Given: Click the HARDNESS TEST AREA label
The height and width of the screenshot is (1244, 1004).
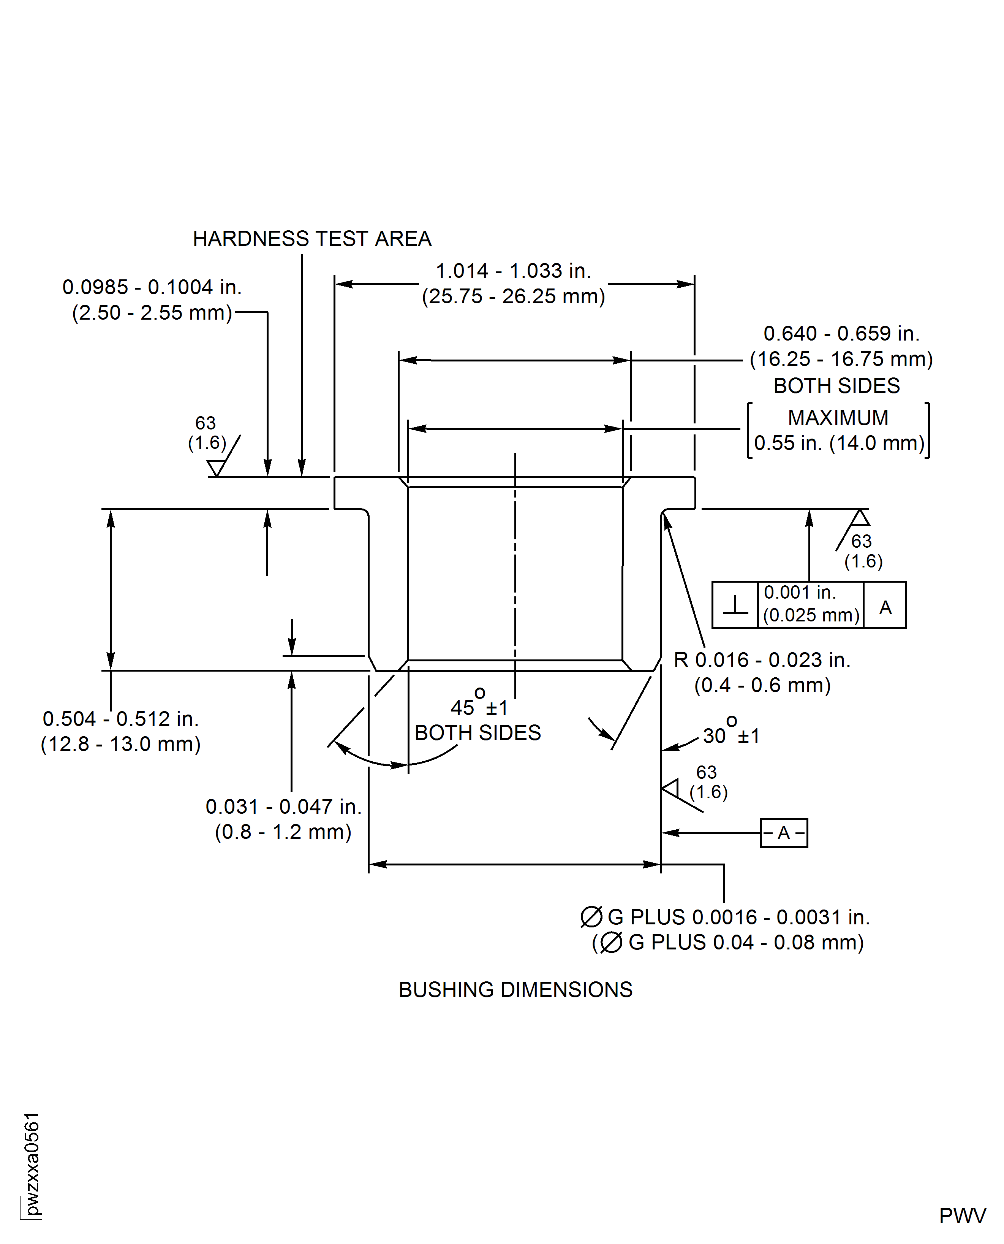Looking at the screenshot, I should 312,238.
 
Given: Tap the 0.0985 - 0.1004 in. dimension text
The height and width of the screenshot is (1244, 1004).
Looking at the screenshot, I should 152,287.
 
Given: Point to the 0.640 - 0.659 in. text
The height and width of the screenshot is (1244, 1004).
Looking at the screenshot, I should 841,333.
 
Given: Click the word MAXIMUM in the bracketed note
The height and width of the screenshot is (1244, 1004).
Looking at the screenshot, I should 838,417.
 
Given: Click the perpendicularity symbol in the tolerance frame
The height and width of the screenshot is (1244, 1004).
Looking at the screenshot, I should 735,605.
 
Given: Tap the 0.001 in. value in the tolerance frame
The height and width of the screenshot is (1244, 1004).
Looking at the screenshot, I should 800,593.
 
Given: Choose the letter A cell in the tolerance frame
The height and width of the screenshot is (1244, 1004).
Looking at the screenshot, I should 885,607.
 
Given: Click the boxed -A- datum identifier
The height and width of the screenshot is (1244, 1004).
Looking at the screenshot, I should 784,833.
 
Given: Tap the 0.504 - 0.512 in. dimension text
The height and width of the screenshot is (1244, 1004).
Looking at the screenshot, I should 121,719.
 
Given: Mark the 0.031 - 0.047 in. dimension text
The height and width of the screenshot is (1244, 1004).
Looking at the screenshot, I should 283,806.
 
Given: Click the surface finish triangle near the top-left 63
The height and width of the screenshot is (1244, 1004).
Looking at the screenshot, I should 216,467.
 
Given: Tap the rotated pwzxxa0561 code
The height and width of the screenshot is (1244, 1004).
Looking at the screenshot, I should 32,1163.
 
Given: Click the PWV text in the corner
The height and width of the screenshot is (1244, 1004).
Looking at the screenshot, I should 962,1215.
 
